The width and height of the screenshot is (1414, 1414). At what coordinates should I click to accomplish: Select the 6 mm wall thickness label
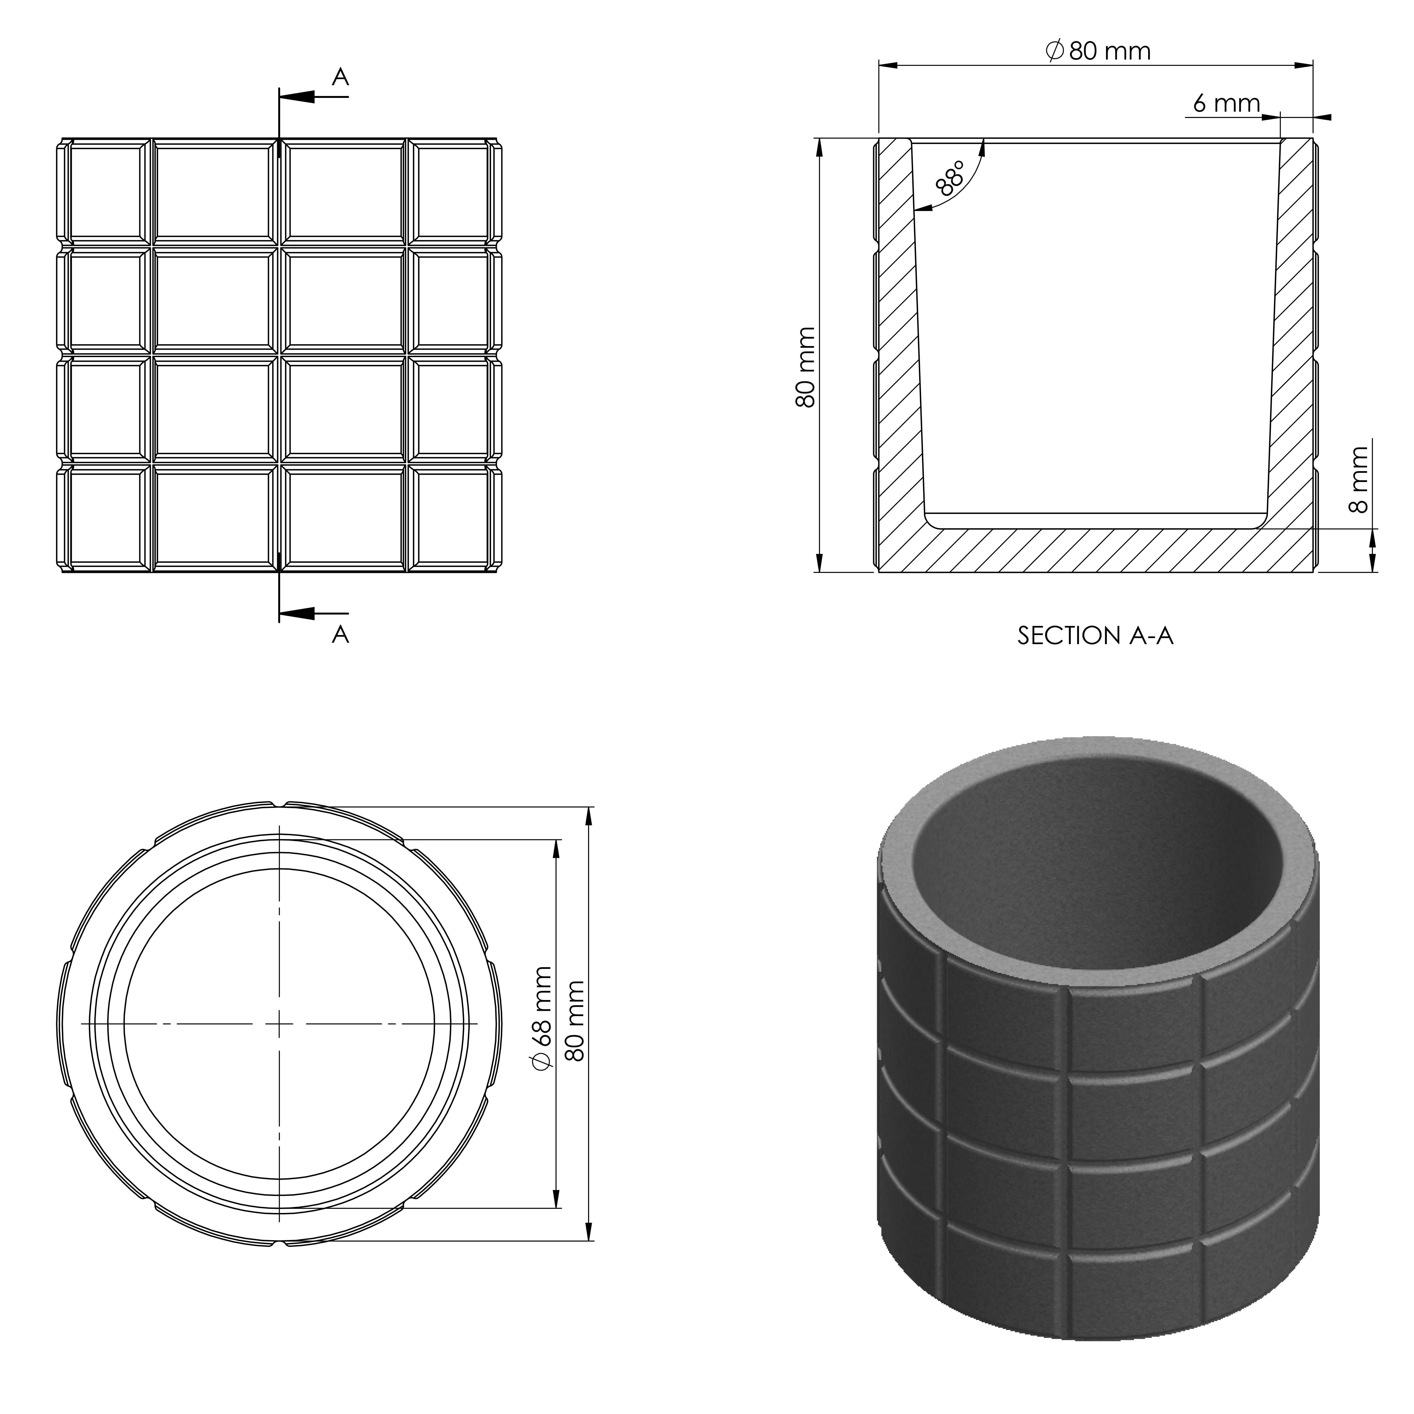(1226, 104)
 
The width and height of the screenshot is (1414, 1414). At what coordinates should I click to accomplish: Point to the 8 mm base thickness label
(1358, 480)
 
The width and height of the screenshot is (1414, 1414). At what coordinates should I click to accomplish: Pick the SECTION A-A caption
(1095, 635)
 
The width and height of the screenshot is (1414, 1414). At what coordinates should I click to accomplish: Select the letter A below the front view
(340, 634)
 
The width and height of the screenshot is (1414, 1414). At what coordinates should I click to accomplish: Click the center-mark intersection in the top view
(280, 1023)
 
